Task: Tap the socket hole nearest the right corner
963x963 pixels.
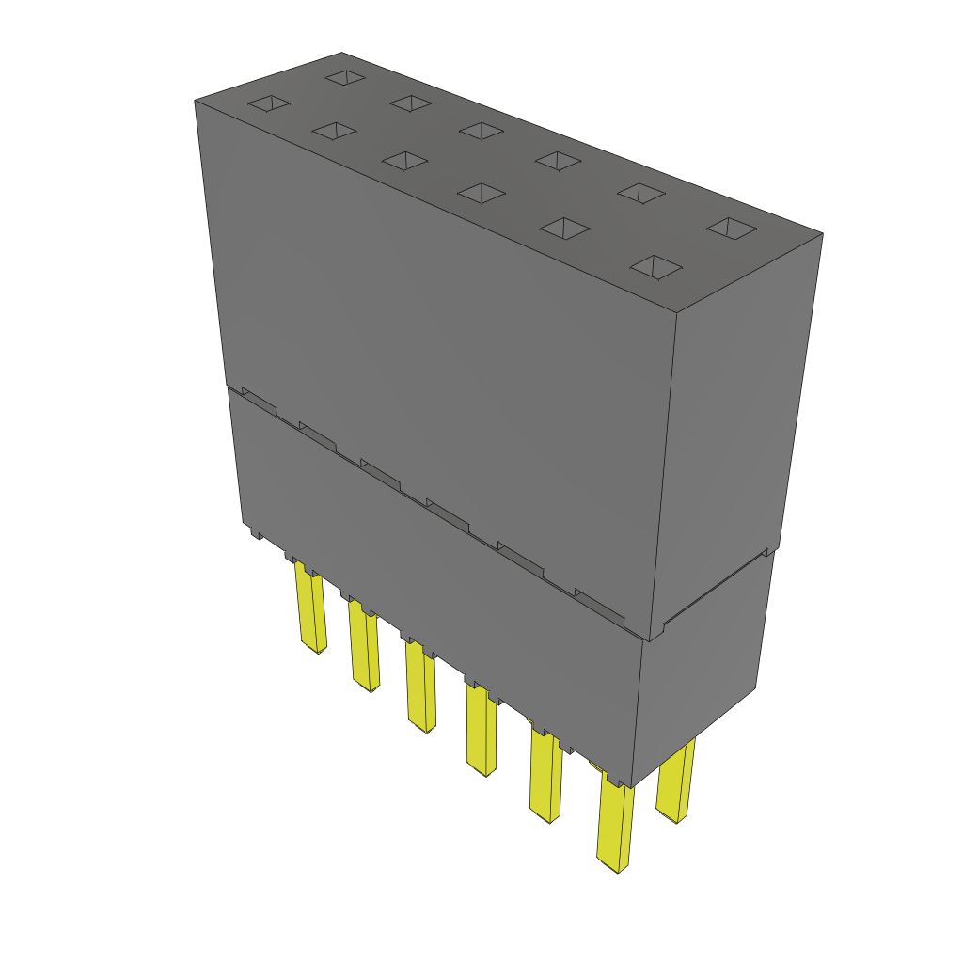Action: click(x=732, y=228)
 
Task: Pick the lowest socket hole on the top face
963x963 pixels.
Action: click(x=655, y=267)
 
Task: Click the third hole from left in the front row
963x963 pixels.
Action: click(x=405, y=162)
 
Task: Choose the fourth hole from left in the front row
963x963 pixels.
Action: click(x=481, y=194)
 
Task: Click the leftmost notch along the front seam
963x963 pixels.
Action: click(x=260, y=399)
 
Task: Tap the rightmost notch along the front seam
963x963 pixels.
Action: click(x=599, y=607)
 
